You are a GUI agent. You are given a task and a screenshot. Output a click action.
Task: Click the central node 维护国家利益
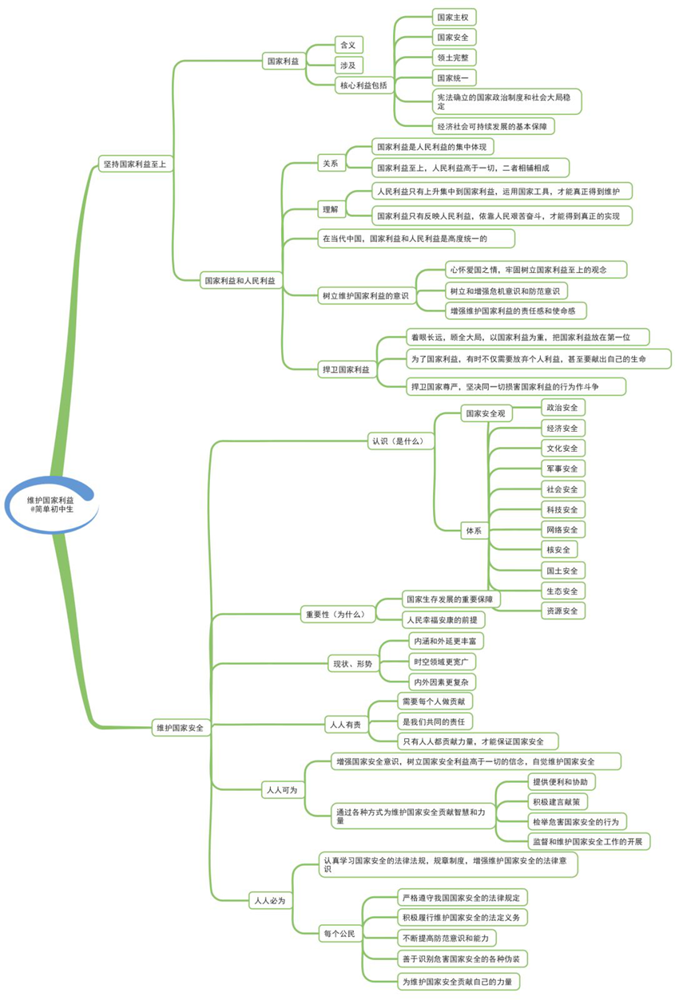coord(51,505)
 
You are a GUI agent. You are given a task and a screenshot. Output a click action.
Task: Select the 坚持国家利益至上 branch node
coord(135,164)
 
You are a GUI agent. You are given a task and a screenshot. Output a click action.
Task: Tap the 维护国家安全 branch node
coord(180,728)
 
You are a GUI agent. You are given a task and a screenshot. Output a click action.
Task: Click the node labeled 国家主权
coord(454,18)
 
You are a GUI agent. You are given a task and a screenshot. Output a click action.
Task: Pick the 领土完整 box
coord(454,57)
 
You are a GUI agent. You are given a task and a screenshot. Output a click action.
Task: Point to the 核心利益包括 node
coord(364,85)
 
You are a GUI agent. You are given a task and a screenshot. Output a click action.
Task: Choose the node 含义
coord(348,45)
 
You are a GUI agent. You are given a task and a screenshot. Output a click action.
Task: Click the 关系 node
coord(331,164)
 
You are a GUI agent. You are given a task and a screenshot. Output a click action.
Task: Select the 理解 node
coord(331,209)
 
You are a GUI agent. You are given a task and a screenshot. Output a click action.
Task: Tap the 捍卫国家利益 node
coord(347,370)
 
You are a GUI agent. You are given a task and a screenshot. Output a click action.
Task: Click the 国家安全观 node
coord(486,413)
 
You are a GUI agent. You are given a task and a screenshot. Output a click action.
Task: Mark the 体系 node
coord(474,531)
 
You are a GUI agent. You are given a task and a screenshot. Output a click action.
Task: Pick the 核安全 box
coord(558,550)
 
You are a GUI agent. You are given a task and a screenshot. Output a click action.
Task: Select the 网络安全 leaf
coord(563,530)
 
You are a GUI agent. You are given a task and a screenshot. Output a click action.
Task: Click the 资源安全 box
coord(563,611)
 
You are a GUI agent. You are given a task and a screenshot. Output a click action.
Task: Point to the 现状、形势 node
coord(353,664)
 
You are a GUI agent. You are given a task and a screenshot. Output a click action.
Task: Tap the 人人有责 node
coord(346,725)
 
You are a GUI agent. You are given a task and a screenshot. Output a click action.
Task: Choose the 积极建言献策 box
coord(557,802)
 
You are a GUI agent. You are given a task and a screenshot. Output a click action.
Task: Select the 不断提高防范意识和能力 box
coord(447,938)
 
